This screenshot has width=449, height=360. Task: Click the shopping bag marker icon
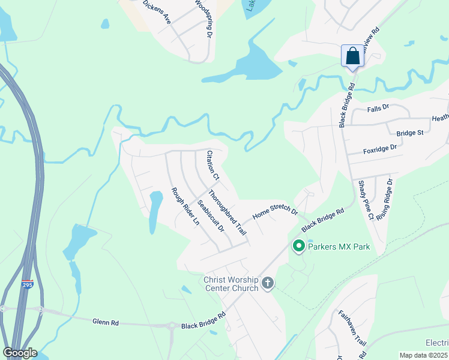pos(352,56)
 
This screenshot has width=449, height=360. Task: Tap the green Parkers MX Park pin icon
pos(298,246)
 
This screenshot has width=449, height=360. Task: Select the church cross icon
pos(268,283)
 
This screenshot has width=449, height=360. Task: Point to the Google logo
pos(20,353)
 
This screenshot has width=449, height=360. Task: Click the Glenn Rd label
pos(106,322)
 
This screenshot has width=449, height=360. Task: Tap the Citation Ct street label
pos(212,165)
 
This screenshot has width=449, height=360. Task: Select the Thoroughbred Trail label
pos(228,212)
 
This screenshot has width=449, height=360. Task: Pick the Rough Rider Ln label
pos(185,206)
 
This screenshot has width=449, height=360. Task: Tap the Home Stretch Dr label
pos(275,212)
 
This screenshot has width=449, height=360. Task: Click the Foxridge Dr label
pos(380,149)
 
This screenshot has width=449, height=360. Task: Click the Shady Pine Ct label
pos(366,200)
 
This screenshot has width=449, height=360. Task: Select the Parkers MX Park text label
pos(339,247)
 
